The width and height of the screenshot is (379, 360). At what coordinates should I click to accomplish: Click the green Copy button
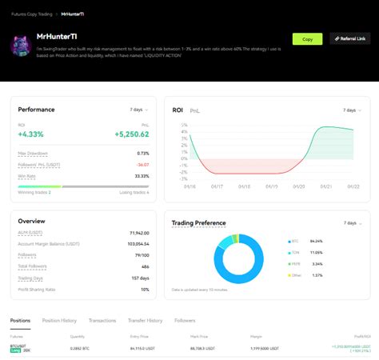pyautogui.click(x=307, y=38)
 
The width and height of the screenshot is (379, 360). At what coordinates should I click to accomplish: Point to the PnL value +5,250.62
pyautogui.click(x=132, y=134)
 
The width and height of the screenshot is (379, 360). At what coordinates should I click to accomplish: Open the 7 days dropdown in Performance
pyautogui.click(x=139, y=110)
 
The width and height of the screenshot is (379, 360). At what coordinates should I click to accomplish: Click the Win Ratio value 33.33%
pyautogui.click(x=142, y=176)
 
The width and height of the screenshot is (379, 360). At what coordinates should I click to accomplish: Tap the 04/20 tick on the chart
pyautogui.click(x=299, y=186)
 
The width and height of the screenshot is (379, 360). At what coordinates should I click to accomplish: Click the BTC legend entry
pyautogui.click(x=296, y=241)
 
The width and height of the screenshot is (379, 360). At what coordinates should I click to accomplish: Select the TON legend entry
pyautogui.click(x=296, y=252)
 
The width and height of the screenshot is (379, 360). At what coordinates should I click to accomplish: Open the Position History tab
pyautogui.click(x=59, y=320)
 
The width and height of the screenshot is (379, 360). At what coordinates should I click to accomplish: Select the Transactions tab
pyautogui.click(x=102, y=320)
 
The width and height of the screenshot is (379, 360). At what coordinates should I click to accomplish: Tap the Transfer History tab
pyautogui.click(x=145, y=320)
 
